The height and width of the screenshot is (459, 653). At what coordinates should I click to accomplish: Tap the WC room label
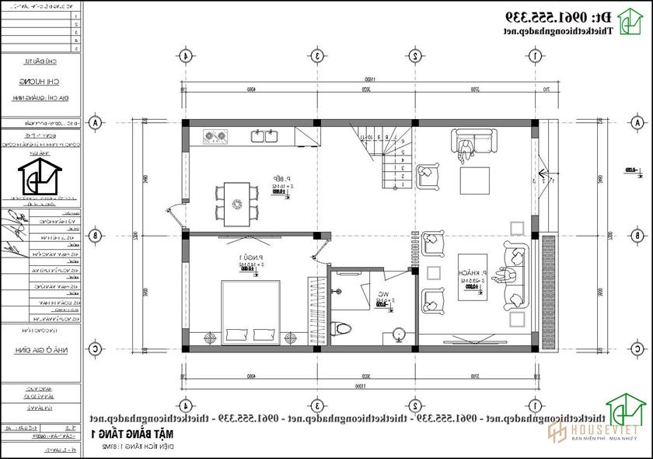coord(382,295)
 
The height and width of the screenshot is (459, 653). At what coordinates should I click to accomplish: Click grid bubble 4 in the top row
coord(185,55)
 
